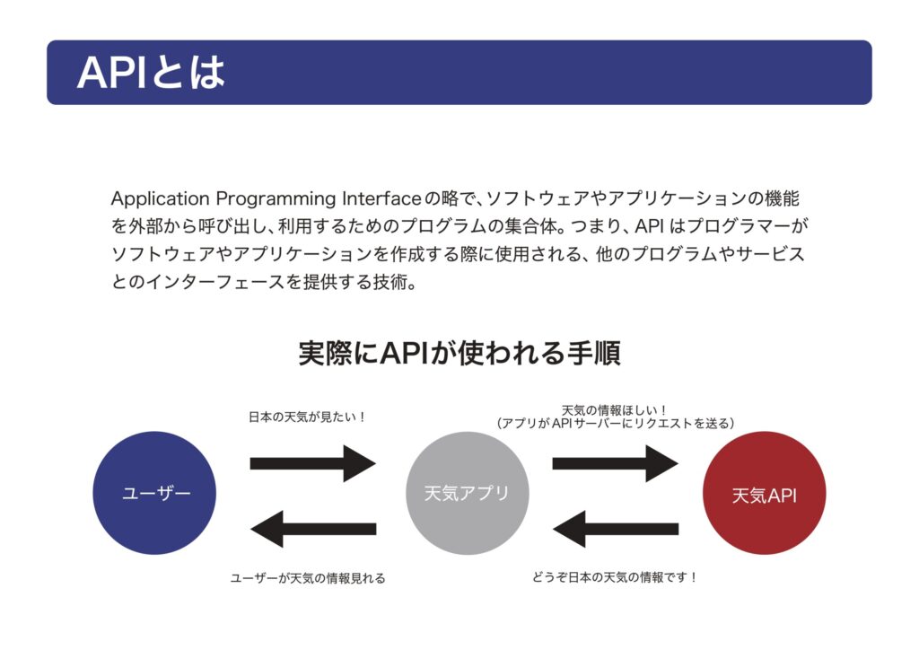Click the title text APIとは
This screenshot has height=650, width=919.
151,73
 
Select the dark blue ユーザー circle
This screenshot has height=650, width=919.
154,493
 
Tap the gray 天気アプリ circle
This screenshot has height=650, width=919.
467,493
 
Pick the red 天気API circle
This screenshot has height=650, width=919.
765,494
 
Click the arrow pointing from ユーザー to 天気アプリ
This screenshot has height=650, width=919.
312,463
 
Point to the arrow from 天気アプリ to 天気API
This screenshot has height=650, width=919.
615,463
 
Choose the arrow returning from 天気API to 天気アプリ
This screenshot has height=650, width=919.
615,528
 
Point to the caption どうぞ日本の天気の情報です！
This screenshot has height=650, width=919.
615,577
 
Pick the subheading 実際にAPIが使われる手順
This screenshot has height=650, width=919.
459,353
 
